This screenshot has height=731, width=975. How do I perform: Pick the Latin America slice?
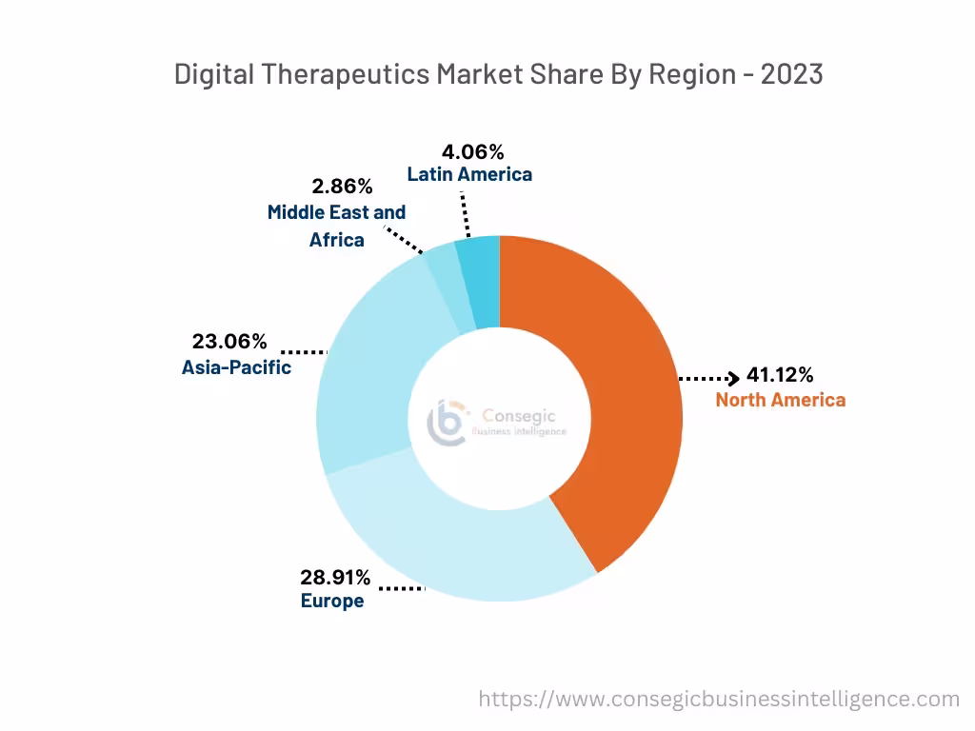(x=479, y=281)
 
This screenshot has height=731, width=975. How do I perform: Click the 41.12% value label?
(x=779, y=375)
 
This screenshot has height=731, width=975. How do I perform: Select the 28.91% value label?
(x=336, y=578)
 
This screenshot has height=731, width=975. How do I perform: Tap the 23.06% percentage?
(x=229, y=342)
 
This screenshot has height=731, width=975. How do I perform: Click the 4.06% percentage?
(x=472, y=151)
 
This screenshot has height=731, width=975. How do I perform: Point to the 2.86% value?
(x=343, y=187)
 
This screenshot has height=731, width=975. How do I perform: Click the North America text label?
(x=780, y=400)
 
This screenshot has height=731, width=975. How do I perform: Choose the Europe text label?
(x=332, y=602)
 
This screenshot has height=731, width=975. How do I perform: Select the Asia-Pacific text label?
(x=236, y=366)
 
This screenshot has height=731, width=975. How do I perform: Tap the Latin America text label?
(x=469, y=174)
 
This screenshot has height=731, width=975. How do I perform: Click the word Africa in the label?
(x=336, y=240)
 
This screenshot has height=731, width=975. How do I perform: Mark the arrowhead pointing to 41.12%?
(x=733, y=379)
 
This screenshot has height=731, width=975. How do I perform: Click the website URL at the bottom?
(x=719, y=700)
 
